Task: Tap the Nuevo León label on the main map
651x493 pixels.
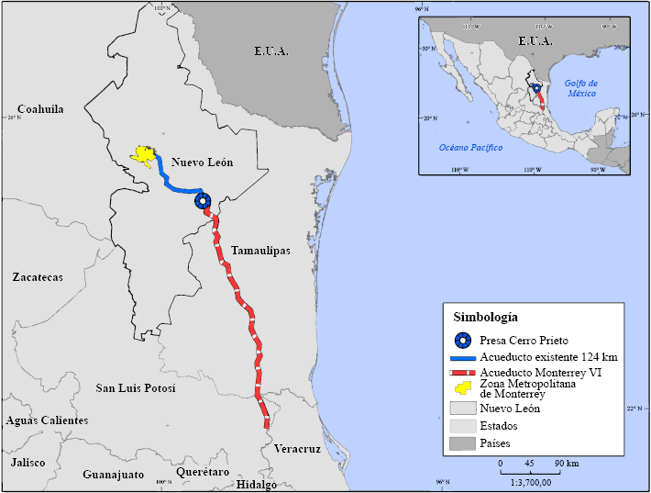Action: coord(202,162)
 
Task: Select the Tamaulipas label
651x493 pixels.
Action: coord(260,250)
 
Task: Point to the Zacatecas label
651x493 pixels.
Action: coord(38,276)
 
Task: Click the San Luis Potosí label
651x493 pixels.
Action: coord(135,388)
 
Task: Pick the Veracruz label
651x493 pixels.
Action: coord(297,449)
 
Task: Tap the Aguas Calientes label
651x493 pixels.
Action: coord(47,420)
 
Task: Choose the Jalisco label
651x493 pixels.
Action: coord(28,462)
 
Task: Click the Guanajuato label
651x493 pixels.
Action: coord(114,475)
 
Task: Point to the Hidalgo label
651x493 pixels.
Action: coord(257,484)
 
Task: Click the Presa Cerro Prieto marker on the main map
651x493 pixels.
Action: coord(203,200)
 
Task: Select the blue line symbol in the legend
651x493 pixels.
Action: coord(465,357)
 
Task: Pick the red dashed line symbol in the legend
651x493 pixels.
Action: coord(465,374)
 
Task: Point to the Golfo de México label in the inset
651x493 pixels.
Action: coord(580,89)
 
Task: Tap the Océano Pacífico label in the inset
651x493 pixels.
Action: coord(470,147)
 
